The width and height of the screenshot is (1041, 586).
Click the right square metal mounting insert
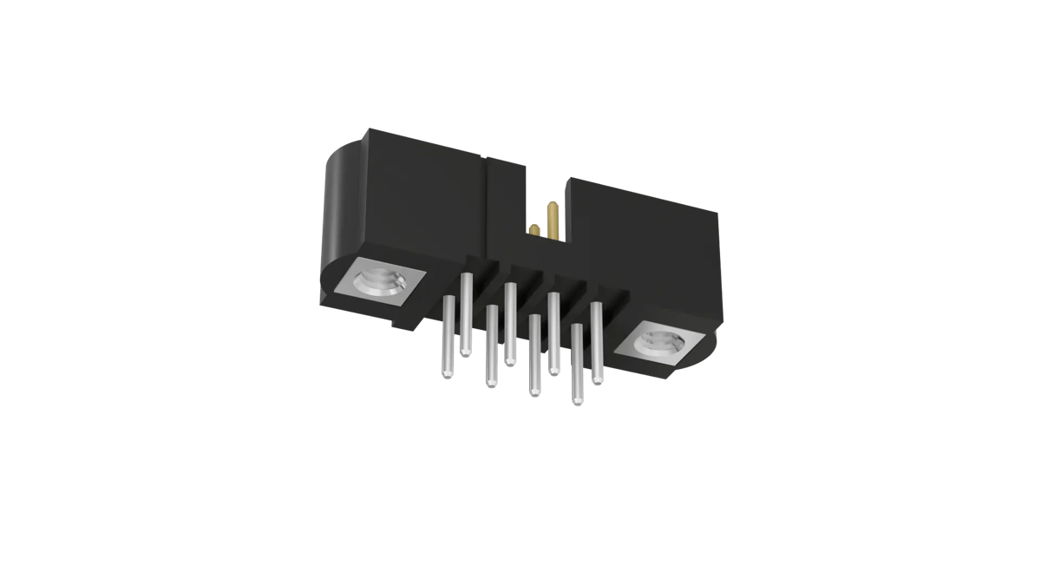(x=663, y=345)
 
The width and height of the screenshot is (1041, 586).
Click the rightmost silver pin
(x=597, y=343)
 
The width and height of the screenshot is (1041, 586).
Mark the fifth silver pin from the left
(x=534, y=355)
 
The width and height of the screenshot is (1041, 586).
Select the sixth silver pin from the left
(x=553, y=333)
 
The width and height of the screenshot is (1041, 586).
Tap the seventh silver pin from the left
(x=577, y=365)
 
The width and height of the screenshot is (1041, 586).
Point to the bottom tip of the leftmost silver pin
(x=448, y=375)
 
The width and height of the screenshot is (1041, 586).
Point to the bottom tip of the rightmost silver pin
(x=597, y=380)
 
